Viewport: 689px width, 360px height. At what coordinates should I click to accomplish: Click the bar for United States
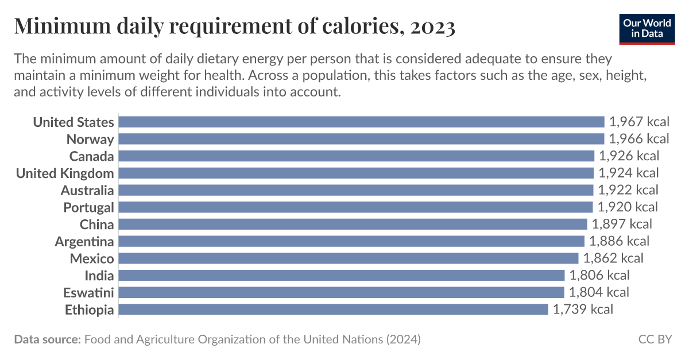361,122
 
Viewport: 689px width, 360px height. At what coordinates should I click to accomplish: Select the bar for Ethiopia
333,309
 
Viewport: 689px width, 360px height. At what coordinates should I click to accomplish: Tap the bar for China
353,224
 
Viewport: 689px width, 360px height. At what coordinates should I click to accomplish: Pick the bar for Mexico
348,258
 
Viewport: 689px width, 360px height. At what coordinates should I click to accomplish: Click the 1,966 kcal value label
639,139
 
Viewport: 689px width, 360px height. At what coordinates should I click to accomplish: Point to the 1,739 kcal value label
583,309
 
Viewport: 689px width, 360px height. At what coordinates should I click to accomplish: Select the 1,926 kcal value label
629,156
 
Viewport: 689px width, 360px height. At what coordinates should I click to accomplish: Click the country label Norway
90,139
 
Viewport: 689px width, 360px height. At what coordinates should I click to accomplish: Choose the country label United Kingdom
65,173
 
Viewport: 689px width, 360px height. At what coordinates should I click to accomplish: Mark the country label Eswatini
88,292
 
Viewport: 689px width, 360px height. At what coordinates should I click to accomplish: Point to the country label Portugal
88,207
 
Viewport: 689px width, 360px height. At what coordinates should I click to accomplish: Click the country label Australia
87,190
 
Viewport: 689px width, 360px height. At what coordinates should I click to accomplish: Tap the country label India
99,276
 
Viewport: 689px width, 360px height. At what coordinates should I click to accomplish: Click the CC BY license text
655,339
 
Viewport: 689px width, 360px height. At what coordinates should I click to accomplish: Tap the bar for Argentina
351,241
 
